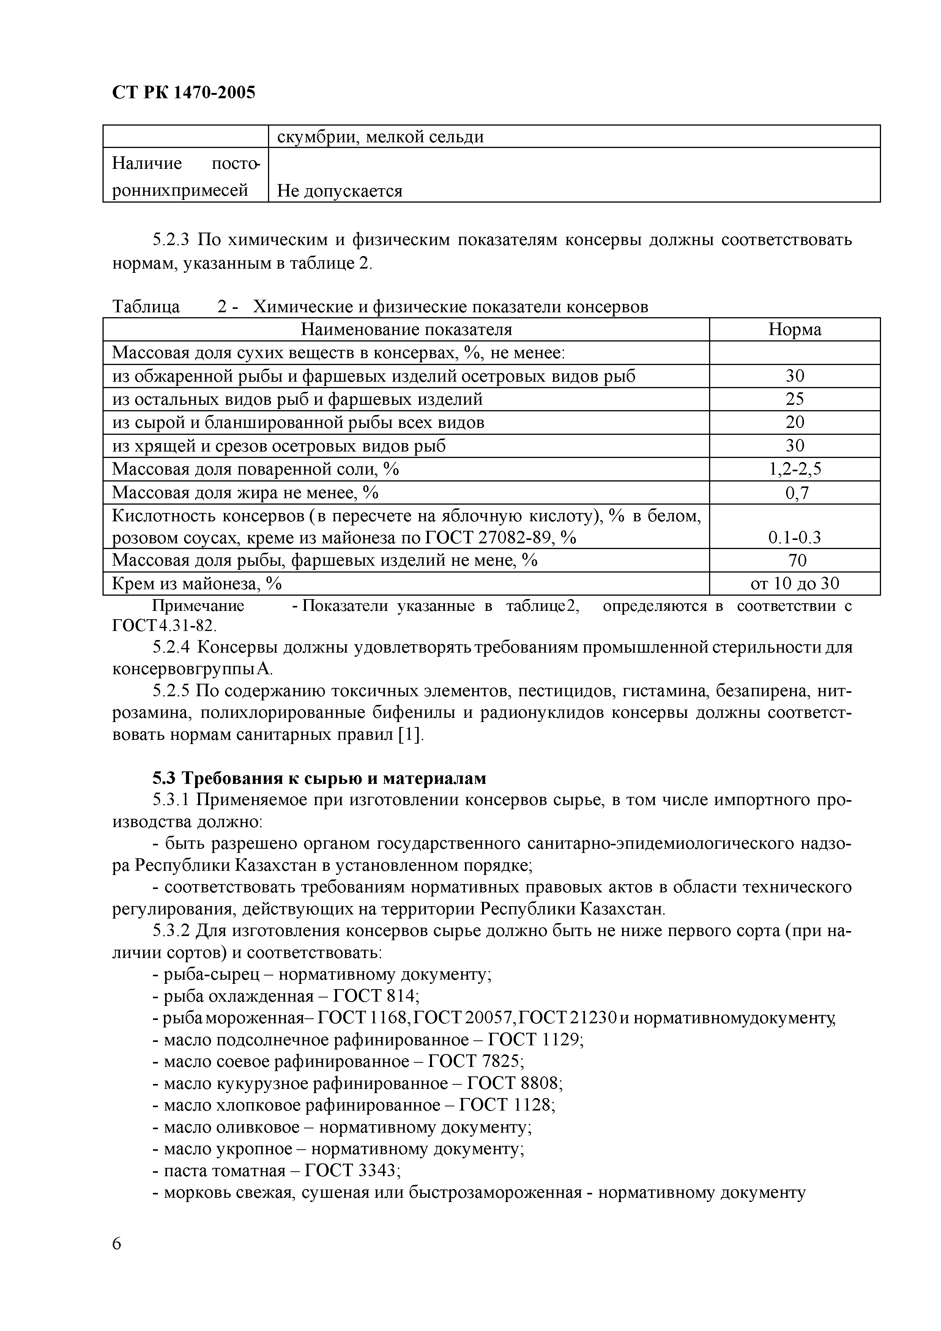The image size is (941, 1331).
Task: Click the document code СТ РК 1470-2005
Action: (183, 93)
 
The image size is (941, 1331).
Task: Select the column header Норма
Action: (794, 329)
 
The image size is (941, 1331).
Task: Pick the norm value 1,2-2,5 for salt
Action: (794, 469)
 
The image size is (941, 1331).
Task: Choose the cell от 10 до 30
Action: (794, 583)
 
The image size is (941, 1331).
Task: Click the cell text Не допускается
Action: (339, 191)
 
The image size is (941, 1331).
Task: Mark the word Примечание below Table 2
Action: (198, 606)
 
